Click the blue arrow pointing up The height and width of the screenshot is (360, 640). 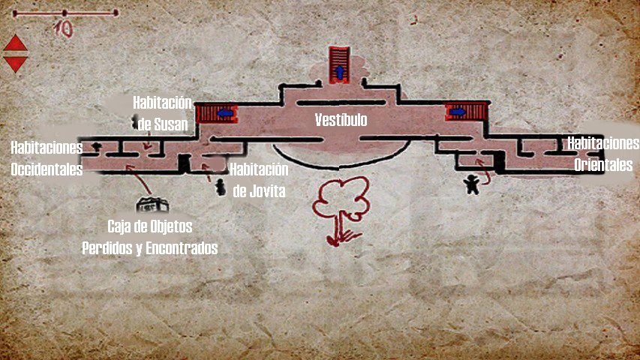click(x=340, y=73)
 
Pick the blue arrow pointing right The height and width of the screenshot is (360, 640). click(x=456, y=113)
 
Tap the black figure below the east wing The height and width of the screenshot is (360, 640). click(x=471, y=184)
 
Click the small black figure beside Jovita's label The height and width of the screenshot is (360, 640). click(x=221, y=187)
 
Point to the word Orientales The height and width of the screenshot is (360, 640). click(x=603, y=166)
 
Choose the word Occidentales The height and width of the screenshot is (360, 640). click(x=47, y=169)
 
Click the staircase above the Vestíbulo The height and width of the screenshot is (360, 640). click(x=340, y=64)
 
